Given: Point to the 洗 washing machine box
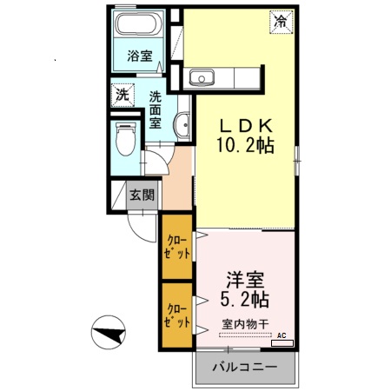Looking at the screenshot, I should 123,93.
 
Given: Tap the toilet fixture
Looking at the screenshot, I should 125,136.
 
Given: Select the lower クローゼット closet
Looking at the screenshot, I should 176,315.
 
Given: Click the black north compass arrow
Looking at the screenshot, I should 109,334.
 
